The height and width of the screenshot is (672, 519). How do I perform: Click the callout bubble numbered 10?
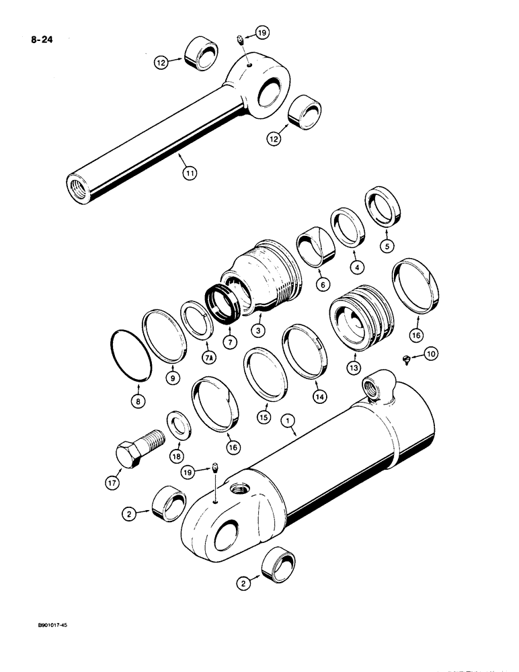(x=431, y=353)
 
